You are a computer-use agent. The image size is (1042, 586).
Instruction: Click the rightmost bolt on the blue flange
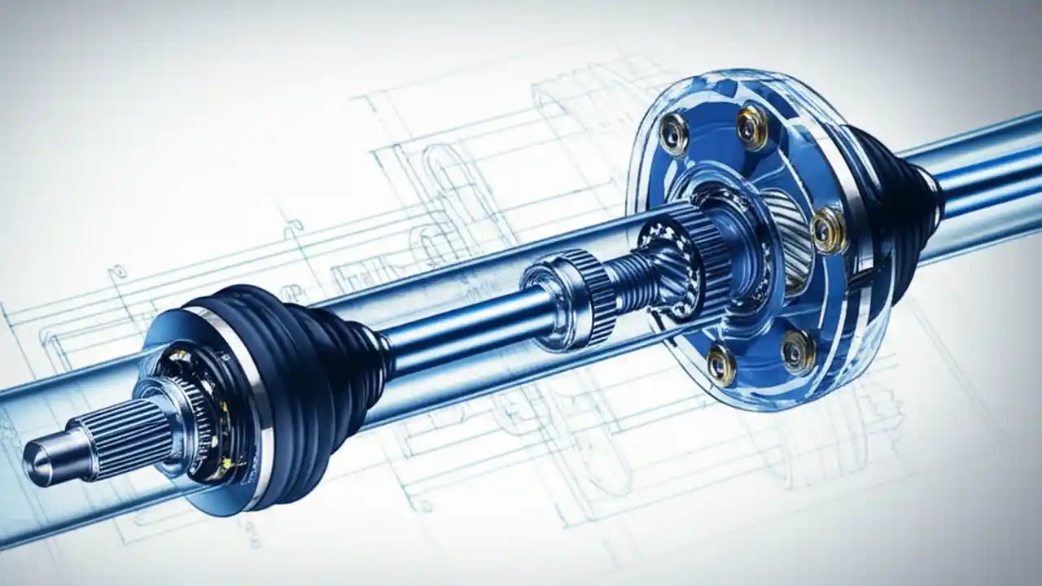pyautogui.click(x=829, y=230)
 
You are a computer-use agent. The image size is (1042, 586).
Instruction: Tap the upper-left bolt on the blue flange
pyautogui.click(x=674, y=133)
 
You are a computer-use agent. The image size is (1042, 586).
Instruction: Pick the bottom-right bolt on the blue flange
pyautogui.click(x=798, y=352)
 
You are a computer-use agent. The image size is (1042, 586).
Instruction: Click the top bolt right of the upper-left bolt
pyautogui.click(x=751, y=127)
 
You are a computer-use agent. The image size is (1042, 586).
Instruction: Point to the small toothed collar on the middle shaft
pyautogui.click(x=570, y=297)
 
